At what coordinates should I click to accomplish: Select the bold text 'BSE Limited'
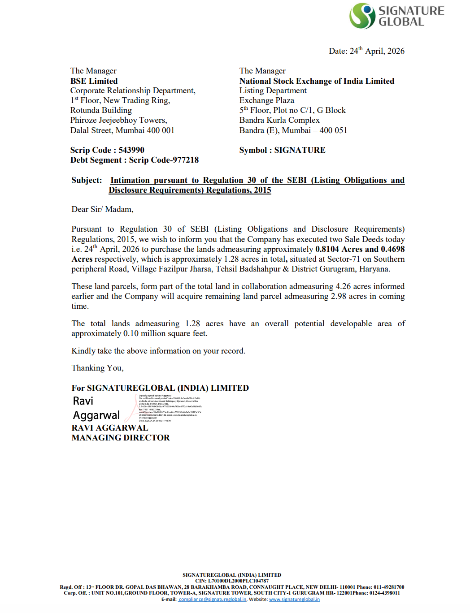click(x=94, y=81)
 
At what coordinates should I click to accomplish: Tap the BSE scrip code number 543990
click(x=131, y=150)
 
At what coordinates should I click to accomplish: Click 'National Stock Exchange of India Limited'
click(x=317, y=81)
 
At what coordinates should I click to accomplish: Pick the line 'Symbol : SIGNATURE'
click(x=282, y=150)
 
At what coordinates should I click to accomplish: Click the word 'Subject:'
click(x=87, y=180)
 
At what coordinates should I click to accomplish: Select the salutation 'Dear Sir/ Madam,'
click(x=102, y=209)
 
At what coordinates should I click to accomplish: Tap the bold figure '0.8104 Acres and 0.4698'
click(x=360, y=249)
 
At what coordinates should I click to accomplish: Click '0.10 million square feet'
click(x=165, y=333)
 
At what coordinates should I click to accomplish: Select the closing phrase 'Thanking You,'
click(x=97, y=368)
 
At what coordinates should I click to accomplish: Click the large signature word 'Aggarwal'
click(x=96, y=415)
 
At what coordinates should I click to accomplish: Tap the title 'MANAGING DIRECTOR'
click(x=121, y=438)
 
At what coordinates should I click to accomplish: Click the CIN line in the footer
click(x=232, y=581)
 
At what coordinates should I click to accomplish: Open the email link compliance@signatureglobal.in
click(x=212, y=600)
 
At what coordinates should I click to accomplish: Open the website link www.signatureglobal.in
click(x=294, y=600)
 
